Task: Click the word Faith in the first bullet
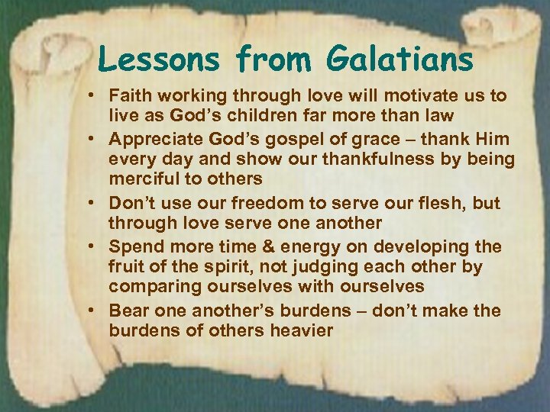[x=130, y=97]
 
